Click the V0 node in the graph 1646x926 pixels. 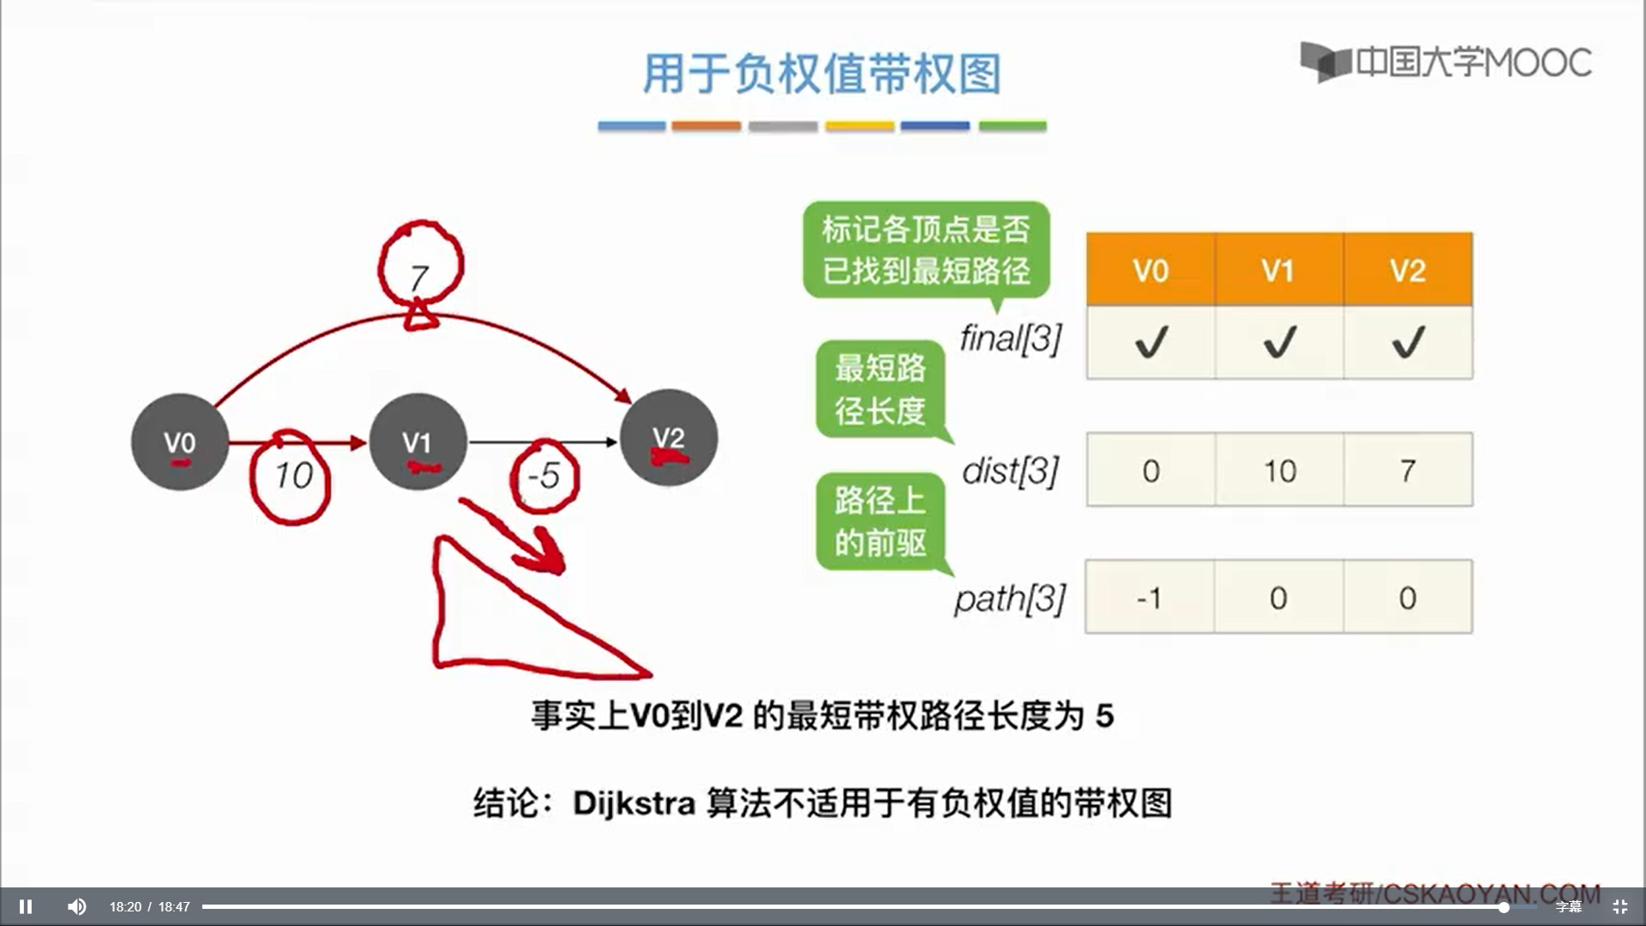180,442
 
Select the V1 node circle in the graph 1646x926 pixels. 418,442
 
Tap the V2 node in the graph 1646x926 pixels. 669,438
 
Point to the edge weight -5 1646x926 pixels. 544,476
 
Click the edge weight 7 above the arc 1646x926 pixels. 419,276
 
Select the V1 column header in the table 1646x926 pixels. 1278,270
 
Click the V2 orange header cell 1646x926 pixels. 1408,270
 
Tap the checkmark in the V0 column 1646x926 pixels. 1150,343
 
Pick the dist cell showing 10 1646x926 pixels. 1279,471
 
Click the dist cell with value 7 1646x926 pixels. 1408,471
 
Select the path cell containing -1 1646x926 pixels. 1150,598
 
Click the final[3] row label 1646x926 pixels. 1011,339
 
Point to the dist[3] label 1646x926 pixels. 1011,471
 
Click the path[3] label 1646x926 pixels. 1010,598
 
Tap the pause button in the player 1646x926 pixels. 26,906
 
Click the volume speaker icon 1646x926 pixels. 76,906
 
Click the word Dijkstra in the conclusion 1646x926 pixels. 634,803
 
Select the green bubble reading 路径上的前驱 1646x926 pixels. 880,521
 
